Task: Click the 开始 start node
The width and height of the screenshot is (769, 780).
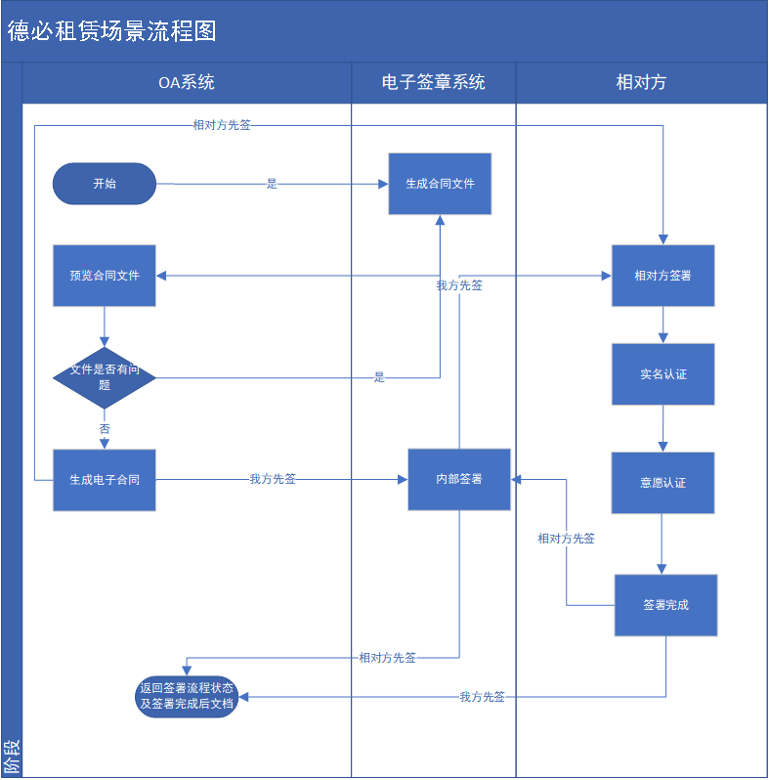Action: point(105,184)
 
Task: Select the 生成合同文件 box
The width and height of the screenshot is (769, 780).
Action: point(440,184)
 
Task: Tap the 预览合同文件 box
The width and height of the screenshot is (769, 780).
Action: point(105,276)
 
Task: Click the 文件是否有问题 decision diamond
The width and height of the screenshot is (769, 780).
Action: point(105,377)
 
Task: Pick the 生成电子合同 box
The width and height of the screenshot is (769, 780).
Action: point(105,480)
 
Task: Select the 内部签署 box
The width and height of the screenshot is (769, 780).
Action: point(459,480)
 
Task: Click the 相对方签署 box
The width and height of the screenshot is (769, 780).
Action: point(662,276)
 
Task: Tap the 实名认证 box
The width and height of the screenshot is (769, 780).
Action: point(662,374)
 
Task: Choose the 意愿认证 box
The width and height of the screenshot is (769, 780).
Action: point(662,483)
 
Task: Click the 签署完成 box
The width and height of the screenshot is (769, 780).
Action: point(665,605)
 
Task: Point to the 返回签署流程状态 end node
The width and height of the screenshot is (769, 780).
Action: point(187,696)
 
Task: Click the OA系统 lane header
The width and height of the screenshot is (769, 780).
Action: point(187,83)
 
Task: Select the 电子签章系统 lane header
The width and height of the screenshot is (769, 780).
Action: point(434,83)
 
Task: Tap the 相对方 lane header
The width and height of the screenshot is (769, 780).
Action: point(641,83)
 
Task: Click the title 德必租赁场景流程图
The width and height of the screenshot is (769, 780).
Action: point(112,31)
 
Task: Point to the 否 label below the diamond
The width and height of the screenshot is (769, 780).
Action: point(105,429)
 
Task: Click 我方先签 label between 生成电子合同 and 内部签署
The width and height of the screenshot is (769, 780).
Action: point(273,479)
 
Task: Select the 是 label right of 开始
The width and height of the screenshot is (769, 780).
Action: point(272,183)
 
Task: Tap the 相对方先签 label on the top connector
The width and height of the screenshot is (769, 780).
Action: point(222,125)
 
